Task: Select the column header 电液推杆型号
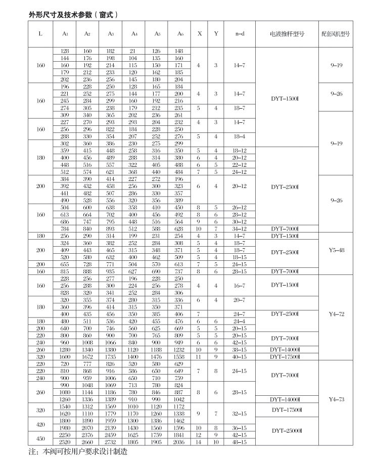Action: [x=287, y=34]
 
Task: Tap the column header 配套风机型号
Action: [x=336, y=34]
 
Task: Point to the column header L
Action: [x=40, y=34]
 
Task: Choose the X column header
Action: [x=199, y=34]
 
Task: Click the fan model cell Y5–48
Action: [x=336, y=250]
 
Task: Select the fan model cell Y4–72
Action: [x=336, y=314]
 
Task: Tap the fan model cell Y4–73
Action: [x=336, y=399]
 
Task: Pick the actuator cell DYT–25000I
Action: [x=287, y=431]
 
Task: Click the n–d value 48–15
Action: [x=240, y=442]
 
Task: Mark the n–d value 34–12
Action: [x=240, y=229]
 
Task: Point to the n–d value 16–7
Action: [x=240, y=286]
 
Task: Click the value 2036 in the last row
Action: [x=179, y=442]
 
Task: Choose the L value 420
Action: [x=40, y=424]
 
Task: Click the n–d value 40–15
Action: [x=240, y=356]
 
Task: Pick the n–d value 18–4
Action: [x=240, y=136]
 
